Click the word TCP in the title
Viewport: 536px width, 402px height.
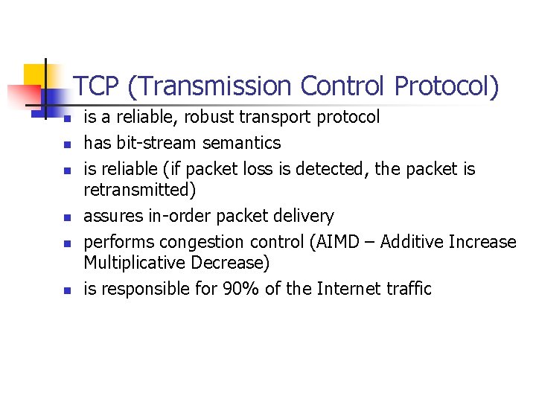pos(98,87)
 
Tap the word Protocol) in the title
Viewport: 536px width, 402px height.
pos(447,87)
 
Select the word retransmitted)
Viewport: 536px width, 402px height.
pos(139,191)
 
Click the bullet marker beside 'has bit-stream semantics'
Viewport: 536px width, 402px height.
pos(66,144)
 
